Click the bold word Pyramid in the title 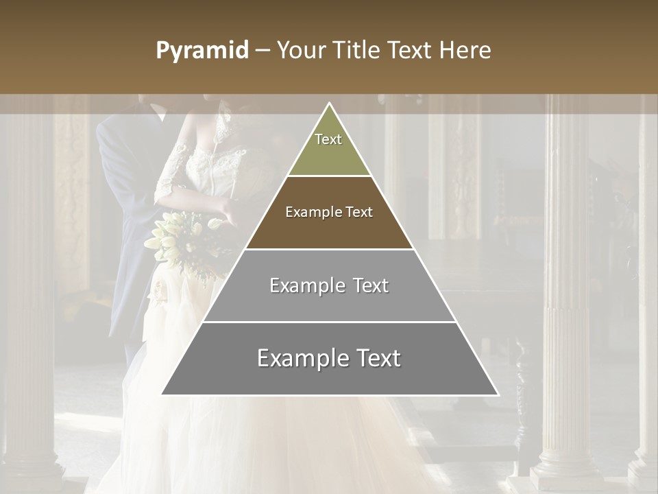pyautogui.click(x=202, y=51)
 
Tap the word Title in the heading pyautogui.click(x=356, y=51)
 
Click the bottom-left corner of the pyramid pyautogui.click(x=162, y=395)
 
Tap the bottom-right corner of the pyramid pyautogui.click(x=498, y=395)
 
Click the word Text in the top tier pyautogui.click(x=328, y=139)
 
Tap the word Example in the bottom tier pyautogui.click(x=300, y=358)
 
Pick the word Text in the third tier pyautogui.click(x=368, y=285)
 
